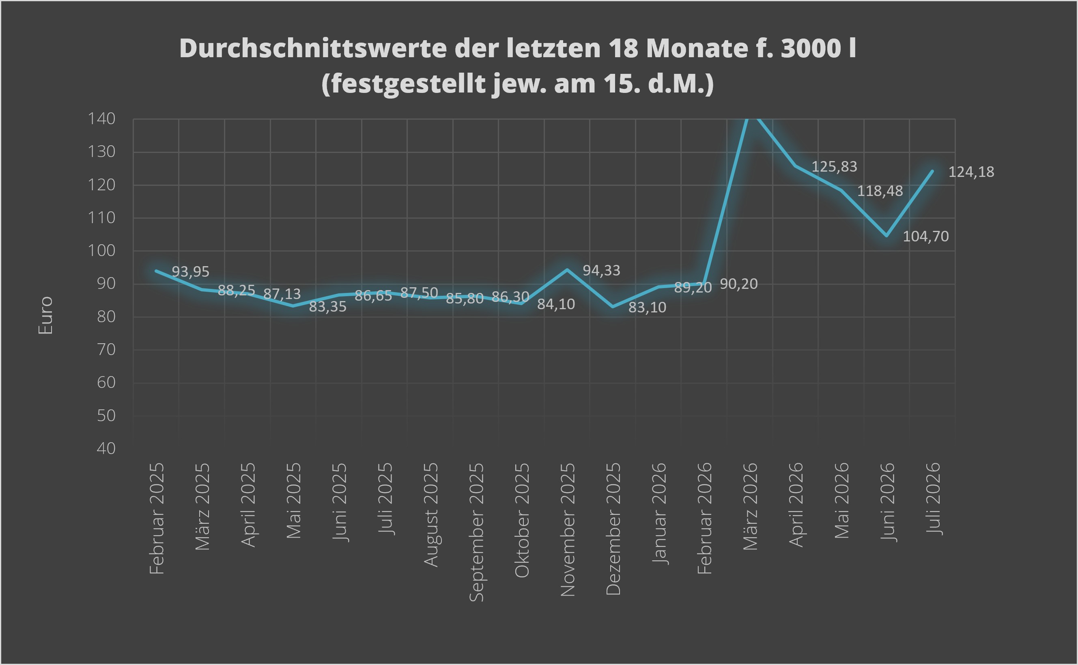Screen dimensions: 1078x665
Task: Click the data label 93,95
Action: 190,272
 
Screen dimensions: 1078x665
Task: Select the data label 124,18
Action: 971,172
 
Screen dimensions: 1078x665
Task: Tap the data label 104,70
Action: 926,237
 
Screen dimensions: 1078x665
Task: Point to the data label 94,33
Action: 601,271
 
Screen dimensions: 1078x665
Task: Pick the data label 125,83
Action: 834,167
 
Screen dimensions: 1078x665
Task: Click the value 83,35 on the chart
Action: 328,307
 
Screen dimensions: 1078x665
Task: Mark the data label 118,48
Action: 880,191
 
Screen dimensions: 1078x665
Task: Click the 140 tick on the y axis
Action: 101,119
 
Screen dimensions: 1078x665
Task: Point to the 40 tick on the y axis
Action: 106,449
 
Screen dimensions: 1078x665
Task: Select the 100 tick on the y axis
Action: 101,251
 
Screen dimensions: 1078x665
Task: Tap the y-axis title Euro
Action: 45,315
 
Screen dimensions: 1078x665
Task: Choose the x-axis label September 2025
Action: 476,532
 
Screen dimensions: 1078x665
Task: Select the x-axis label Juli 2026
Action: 933,499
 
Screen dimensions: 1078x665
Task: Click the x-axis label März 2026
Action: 750,506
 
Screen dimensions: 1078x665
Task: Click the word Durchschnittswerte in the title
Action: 313,48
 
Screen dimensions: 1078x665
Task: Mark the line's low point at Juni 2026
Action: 886,236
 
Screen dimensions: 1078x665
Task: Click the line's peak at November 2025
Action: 567,269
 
